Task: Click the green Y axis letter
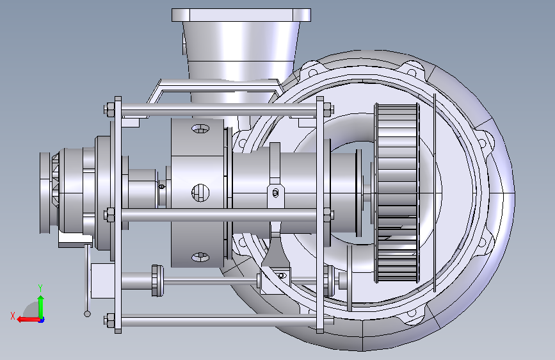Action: coord(40,288)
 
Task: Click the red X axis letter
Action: coord(13,316)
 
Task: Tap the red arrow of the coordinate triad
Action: coord(28,320)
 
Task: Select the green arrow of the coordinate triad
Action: coord(41,307)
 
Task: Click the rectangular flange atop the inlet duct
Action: coord(241,15)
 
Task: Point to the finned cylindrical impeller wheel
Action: coord(397,193)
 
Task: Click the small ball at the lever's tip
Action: coord(87,314)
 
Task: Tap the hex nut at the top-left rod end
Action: coord(109,110)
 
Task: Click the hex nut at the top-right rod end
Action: coord(328,110)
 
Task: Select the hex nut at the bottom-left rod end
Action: coord(109,320)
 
